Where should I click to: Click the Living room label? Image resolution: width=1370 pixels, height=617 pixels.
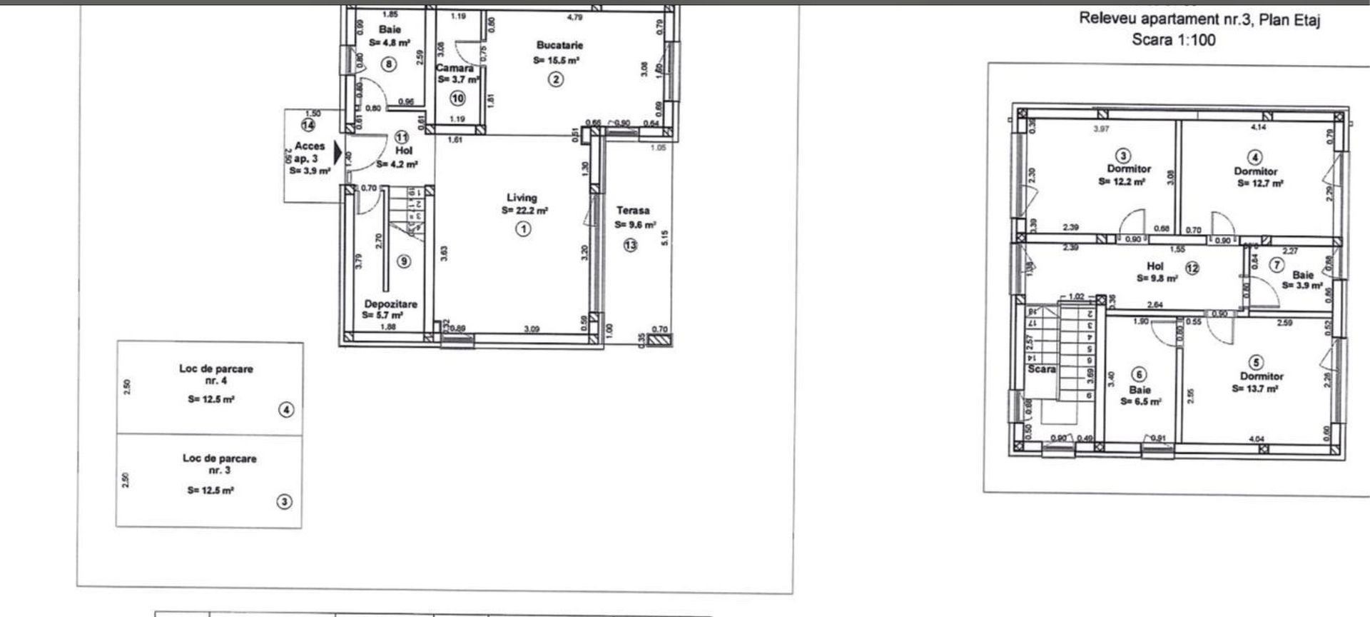click(x=522, y=198)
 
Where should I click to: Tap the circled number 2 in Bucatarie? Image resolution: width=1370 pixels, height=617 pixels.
click(x=555, y=79)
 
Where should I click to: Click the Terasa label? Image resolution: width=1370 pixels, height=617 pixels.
click(x=633, y=211)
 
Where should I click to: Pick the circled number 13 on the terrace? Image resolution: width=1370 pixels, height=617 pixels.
click(x=630, y=245)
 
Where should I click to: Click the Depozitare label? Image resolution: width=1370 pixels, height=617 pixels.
click(x=390, y=304)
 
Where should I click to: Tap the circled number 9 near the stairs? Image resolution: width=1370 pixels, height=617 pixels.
click(x=404, y=261)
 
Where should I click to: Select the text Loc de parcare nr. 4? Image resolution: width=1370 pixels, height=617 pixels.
click(x=216, y=374)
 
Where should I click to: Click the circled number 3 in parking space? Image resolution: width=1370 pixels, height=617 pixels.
click(x=284, y=502)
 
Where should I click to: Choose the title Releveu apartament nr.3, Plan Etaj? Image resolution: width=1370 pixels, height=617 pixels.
click(x=1199, y=19)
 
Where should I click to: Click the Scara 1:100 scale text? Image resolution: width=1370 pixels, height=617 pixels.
click(x=1173, y=40)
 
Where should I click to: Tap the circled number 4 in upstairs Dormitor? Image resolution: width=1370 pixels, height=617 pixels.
click(x=1255, y=157)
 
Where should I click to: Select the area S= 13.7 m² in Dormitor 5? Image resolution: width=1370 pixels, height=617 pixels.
click(x=1254, y=389)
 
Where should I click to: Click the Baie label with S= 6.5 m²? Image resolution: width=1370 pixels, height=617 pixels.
click(x=1140, y=390)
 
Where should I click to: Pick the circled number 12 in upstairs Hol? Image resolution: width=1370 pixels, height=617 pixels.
click(x=1192, y=269)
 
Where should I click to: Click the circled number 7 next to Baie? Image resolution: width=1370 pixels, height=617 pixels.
click(x=1277, y=265)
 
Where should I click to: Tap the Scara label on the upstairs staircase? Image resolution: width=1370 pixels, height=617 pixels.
click(x=1041, y=369)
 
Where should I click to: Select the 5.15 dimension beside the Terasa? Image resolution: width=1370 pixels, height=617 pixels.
click(x=664, y=237)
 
